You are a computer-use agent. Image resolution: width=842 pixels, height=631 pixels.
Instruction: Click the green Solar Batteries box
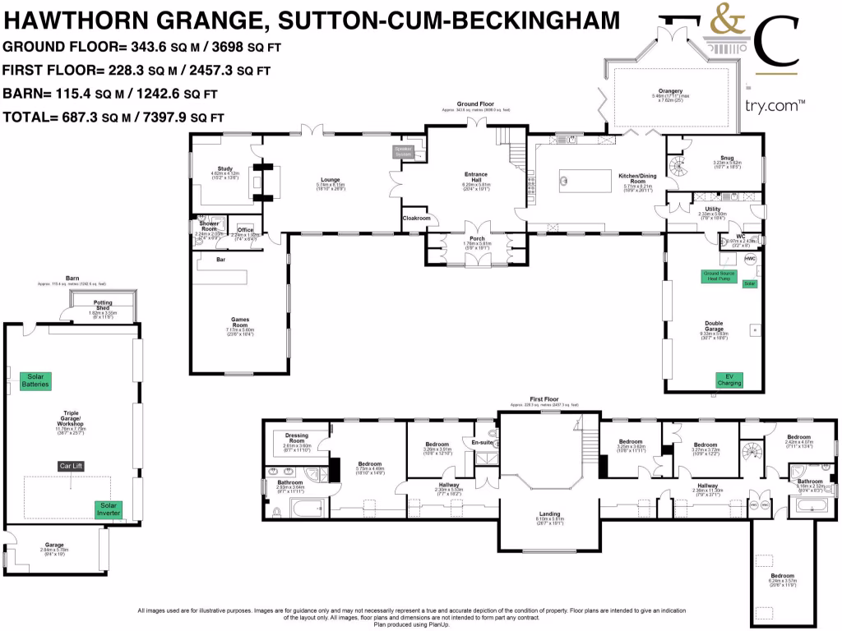point(37,380)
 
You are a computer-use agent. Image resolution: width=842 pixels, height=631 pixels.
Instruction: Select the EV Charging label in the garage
point(729,380)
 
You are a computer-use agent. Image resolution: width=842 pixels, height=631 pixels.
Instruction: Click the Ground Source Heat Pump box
point(715,276)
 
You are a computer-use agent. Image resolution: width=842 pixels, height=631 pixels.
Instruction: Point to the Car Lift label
point(72,466)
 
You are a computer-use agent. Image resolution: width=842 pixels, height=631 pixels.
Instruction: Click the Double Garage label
point(714,325)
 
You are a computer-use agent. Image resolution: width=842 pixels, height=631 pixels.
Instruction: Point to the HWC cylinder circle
point(749,258)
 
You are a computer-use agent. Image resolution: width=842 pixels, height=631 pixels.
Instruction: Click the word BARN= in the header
point(27,93)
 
